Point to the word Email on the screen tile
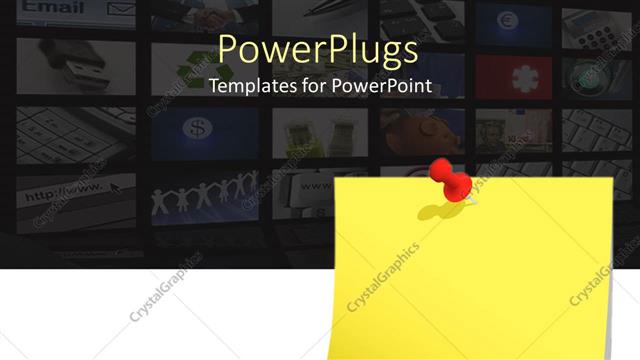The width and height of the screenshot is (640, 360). [49, 7]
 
